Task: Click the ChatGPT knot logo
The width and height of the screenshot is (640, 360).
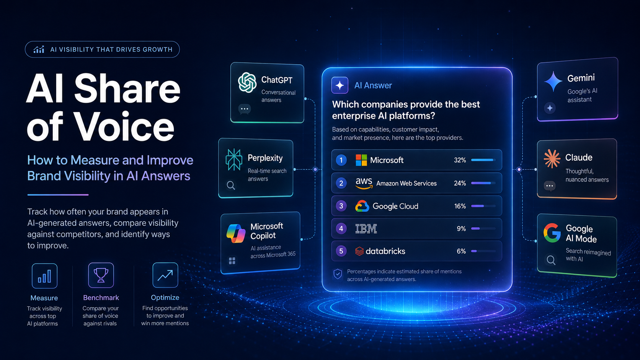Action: click(x=247, y=83)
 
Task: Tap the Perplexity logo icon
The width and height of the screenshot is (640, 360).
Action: click(x=234, y=160)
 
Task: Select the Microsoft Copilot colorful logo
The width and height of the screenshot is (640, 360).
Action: click(x=236, y=233)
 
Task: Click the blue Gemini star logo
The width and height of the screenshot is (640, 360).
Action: click(x=553, y=81)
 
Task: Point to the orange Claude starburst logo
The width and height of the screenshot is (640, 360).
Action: click(x=552, y=158)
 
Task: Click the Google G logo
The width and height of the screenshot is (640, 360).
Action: click(x=552, y=233)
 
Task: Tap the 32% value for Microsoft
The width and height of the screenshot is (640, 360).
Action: click(x=460, y=160)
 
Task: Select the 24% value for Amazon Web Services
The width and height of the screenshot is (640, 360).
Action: click(x=460, y=183)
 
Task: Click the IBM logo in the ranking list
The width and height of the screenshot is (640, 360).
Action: click(x=366, y=229)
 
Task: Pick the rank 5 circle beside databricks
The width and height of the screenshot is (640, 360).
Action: click(x=341, y=251)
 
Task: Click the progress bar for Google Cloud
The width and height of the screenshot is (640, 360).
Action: click(x=483, y=206)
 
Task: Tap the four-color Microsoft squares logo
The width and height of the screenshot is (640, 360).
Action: click(x=361, y=160)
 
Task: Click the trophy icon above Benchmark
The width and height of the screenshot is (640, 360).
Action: click(x=101, y=275)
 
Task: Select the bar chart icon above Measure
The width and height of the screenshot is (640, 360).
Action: click(x=44, y=276)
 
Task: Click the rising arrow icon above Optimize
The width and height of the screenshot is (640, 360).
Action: click(x=165, y=275)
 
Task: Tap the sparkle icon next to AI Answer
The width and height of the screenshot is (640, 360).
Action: click(x=340, y=85)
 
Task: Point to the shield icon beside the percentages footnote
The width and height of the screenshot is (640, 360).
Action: click(x=338, y=274)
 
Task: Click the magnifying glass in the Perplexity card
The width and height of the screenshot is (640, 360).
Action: click(x=231, y=186)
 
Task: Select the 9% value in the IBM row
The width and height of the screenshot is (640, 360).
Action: click(x=461, y=229)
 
